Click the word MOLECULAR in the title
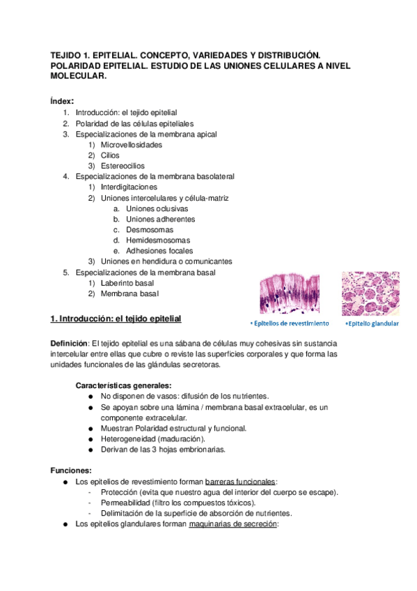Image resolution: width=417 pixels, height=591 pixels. tap(79, 77)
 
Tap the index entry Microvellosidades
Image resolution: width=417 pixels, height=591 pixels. tap(132, 145)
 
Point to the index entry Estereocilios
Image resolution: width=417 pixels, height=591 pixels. tap(123, 166)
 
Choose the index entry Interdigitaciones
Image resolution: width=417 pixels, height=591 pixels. tap(129, 187)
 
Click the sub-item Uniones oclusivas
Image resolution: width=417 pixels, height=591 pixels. tap(157, 208)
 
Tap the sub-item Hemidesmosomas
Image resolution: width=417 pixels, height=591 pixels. tap(157, 240)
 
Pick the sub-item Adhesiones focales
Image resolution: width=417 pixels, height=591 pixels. tap(159, 250)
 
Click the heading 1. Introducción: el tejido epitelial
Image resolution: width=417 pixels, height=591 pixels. tap(116, 318)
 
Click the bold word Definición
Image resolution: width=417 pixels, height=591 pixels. tap(69, 344)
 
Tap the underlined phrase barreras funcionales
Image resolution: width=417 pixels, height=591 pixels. tap(241, 482)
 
